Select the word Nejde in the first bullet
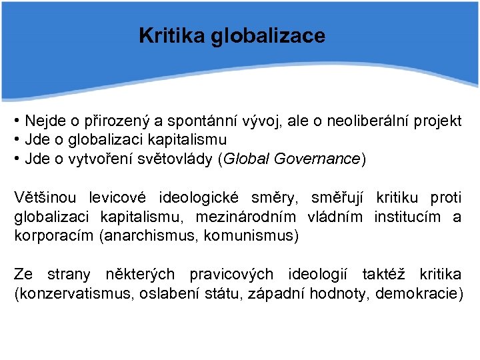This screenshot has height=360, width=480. point(44,121)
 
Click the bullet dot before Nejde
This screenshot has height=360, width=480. point(16,121)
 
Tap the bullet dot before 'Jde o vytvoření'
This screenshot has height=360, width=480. point(16,159)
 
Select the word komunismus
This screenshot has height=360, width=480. point(249,235)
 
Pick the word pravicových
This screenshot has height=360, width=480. point(231,274)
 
